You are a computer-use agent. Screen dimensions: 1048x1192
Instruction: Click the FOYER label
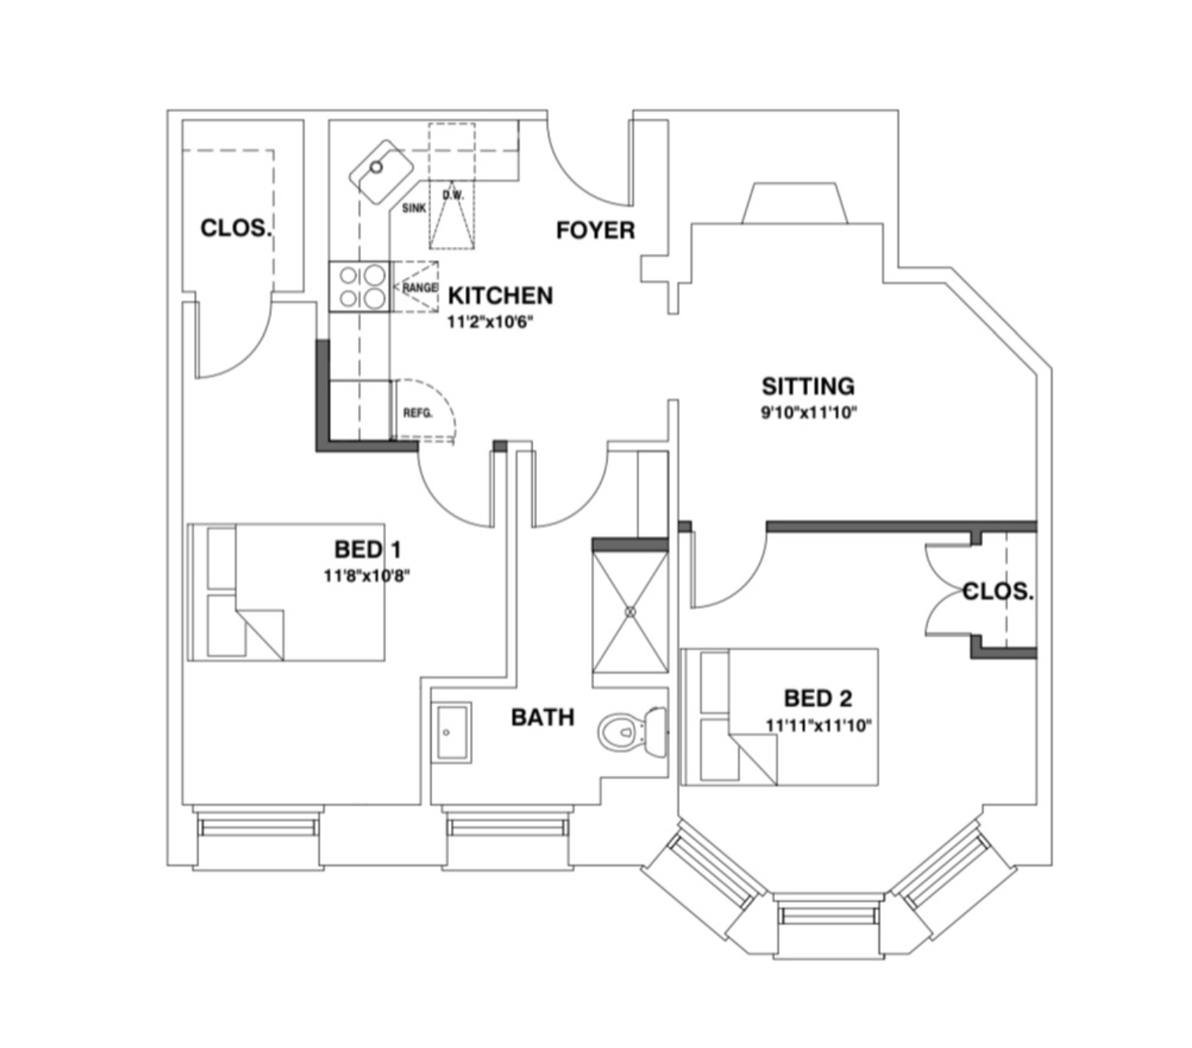pyautogui.click(x=595, y=230)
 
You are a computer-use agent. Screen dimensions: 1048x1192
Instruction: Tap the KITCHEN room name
pyautogui.click(x=500, y=295)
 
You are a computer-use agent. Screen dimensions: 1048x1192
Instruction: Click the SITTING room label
pyautogui.click(x=807, y=386)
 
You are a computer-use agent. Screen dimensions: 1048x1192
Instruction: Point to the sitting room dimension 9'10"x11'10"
pyautogui.click(x=808, y=412)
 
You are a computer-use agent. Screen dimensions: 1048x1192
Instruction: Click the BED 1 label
pyautogui.click(x=368, y=549)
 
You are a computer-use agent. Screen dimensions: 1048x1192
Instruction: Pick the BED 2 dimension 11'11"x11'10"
pyautogui.click(x=818, y=725)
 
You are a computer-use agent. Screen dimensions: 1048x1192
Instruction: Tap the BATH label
pyautogui.click(x=542, y=717)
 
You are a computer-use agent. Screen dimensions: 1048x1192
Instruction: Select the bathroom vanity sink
pyautogui.click(x=451, y=732)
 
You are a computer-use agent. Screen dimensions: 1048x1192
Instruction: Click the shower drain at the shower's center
pyautogui.click(x=630, y=611)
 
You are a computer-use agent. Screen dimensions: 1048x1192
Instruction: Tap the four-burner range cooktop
pyautogui.click(x=361, y=286)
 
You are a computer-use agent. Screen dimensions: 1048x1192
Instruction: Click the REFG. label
pyautogui.click(x=418, y=413)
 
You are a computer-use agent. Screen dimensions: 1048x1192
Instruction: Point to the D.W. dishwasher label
pyautogui.click(x=453, y=195)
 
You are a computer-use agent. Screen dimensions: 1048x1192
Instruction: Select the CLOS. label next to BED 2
pyautogui.click(x=997, y=591)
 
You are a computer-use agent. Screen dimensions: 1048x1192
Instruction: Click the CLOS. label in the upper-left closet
pyautogui.click(x=236, y=229)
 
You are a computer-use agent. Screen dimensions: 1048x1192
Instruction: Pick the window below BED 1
pyautogui.click(x=258, y=827)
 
